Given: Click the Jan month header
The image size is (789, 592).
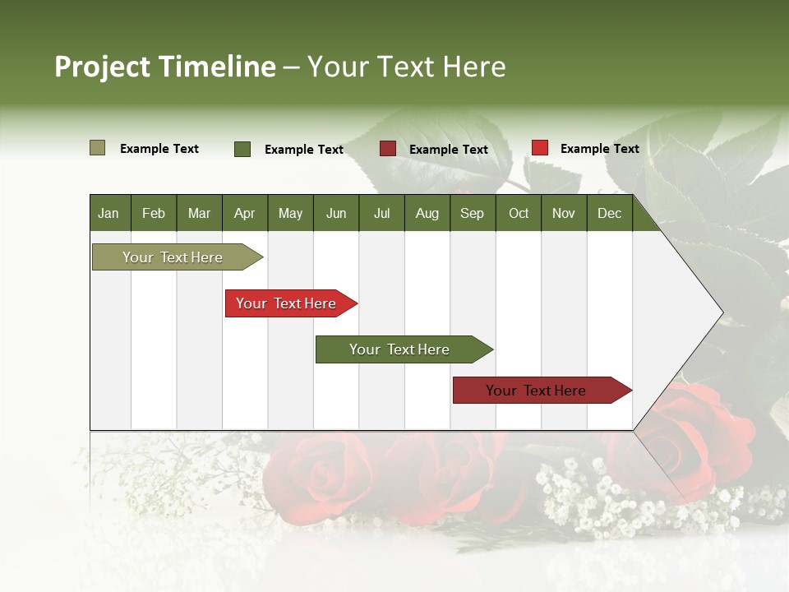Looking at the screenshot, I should (x=108, y=213).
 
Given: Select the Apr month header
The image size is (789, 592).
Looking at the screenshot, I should (x=244, y=213).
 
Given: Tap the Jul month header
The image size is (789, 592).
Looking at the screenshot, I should (x=381, y=213).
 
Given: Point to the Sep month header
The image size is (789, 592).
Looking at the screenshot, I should (x=472, y=213).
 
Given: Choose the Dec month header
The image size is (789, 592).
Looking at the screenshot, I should (x=609, y=213).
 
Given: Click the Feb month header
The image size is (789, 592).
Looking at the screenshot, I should (x=154, y=213).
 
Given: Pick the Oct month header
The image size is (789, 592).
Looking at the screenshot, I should (x=519, y=213).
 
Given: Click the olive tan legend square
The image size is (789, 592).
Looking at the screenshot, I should (x=97, y=148).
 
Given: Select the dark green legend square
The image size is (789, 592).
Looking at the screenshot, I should (x=242, y=149).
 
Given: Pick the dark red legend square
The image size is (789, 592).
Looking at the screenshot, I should (x=388, y=149).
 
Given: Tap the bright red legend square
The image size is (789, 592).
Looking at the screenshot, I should (x=539, y=148).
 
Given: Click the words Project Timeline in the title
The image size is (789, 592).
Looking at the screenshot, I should (x=164, y=67).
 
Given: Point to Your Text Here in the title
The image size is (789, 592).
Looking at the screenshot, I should (x=407, y=67).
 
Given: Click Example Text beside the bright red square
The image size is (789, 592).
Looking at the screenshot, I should (x=599, y=149).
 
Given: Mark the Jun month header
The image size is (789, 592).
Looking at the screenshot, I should (x=336, y=213).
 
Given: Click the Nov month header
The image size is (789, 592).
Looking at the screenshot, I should (x=564, y=213).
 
